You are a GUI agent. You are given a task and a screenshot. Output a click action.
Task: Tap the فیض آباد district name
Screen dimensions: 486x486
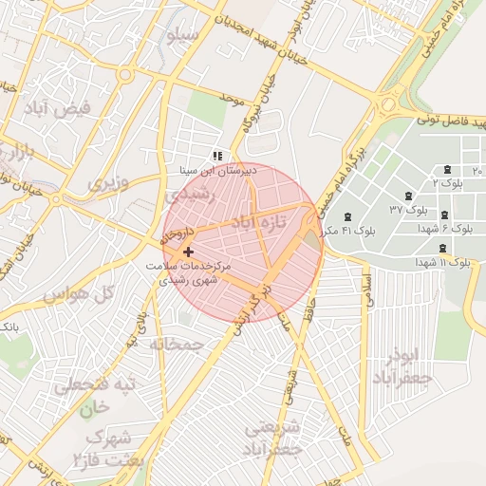(x=59, y=109)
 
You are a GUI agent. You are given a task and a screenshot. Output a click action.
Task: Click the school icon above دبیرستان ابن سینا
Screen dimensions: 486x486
(x=217, y=155)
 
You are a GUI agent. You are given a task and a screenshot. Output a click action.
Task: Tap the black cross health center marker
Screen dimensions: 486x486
(x=188, y=252)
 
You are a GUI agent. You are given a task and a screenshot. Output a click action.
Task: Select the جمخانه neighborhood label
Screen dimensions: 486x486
(x=177, y=344)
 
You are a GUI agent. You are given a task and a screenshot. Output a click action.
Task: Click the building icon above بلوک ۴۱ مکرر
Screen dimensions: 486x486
(x=346, y=216)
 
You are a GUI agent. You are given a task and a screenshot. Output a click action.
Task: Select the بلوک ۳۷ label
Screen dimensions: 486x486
(x=410, y=207)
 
